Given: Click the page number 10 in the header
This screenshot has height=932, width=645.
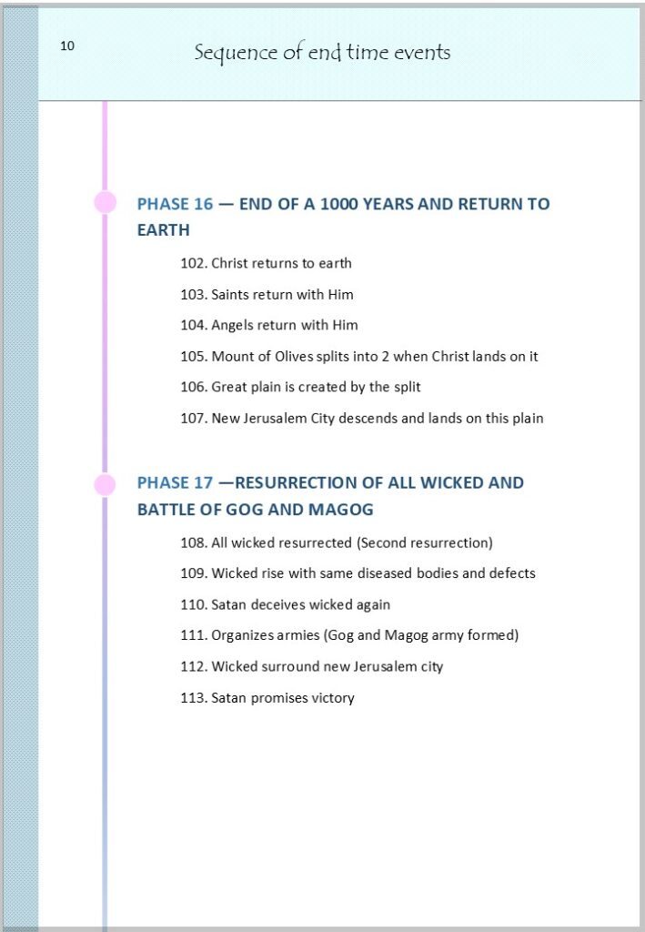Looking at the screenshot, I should [x=67, y=46].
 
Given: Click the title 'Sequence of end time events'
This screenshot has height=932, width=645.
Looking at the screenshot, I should [x=322, y=52].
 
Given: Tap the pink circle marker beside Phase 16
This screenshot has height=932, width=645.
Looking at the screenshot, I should [x=106, y=202].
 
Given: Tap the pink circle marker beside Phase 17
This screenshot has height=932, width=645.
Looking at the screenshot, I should [x=106, y=484].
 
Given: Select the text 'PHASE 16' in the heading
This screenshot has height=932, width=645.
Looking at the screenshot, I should [x=175, y=204].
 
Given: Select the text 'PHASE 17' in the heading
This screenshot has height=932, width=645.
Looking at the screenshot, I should [x=175, y=482].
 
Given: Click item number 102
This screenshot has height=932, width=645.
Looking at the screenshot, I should [x=193, y=263].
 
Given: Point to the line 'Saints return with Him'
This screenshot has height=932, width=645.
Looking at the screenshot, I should [x=282, y=294].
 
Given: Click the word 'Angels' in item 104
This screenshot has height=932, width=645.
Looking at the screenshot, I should [x=233, y=325].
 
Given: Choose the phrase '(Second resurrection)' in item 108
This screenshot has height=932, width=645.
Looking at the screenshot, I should [x=424, y=542].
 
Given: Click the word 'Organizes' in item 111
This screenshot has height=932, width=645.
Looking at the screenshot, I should [x=243, y=635].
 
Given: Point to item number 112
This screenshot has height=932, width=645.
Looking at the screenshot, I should [x=193, y=666].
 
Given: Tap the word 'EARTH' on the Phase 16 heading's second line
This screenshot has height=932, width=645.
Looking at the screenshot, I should [x=164, y=230].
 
